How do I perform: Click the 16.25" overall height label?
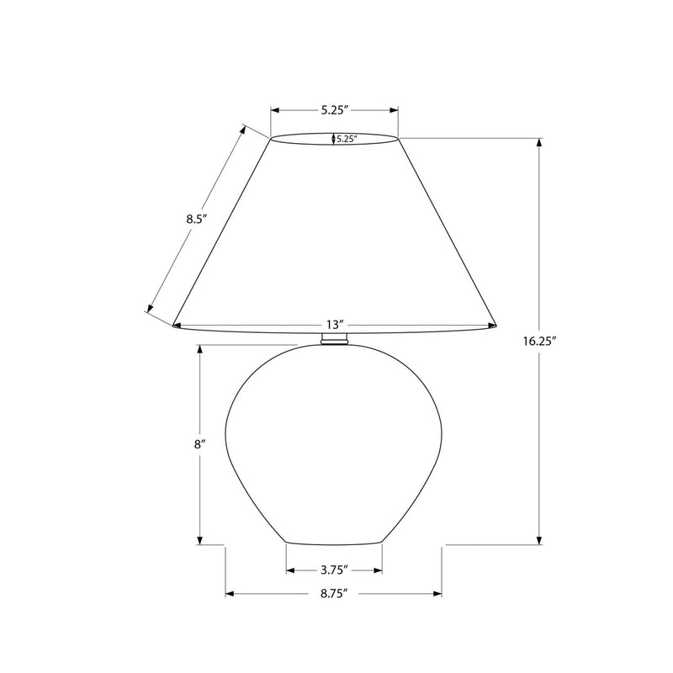click(539, 342)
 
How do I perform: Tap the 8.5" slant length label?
click(197, 219)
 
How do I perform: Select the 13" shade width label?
click(335, 324)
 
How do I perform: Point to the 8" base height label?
click(198, 444)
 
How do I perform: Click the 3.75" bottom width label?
click(334, 570)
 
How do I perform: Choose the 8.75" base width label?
click(333, 594)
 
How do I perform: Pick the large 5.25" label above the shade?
click(334, 110)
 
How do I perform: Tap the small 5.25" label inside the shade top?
click(347, 139)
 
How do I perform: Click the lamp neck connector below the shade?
click(334, 338)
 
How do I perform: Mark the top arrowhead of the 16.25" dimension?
click(539, 142)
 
